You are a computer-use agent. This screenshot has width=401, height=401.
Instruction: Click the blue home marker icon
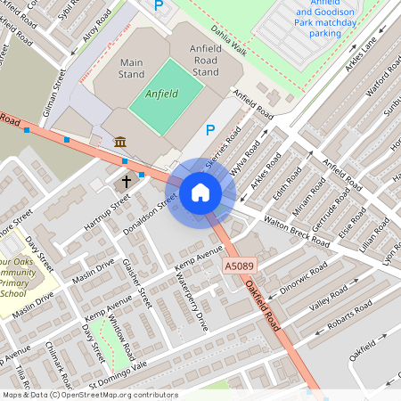pos(200,192)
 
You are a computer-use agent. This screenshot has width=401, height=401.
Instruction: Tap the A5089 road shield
pos(238,266)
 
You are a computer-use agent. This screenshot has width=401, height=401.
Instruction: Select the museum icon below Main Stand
pos(119,141)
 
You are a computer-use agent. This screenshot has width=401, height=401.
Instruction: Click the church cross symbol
pos(127,181)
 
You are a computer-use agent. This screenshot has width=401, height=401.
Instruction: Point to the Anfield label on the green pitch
pos(161,93)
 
